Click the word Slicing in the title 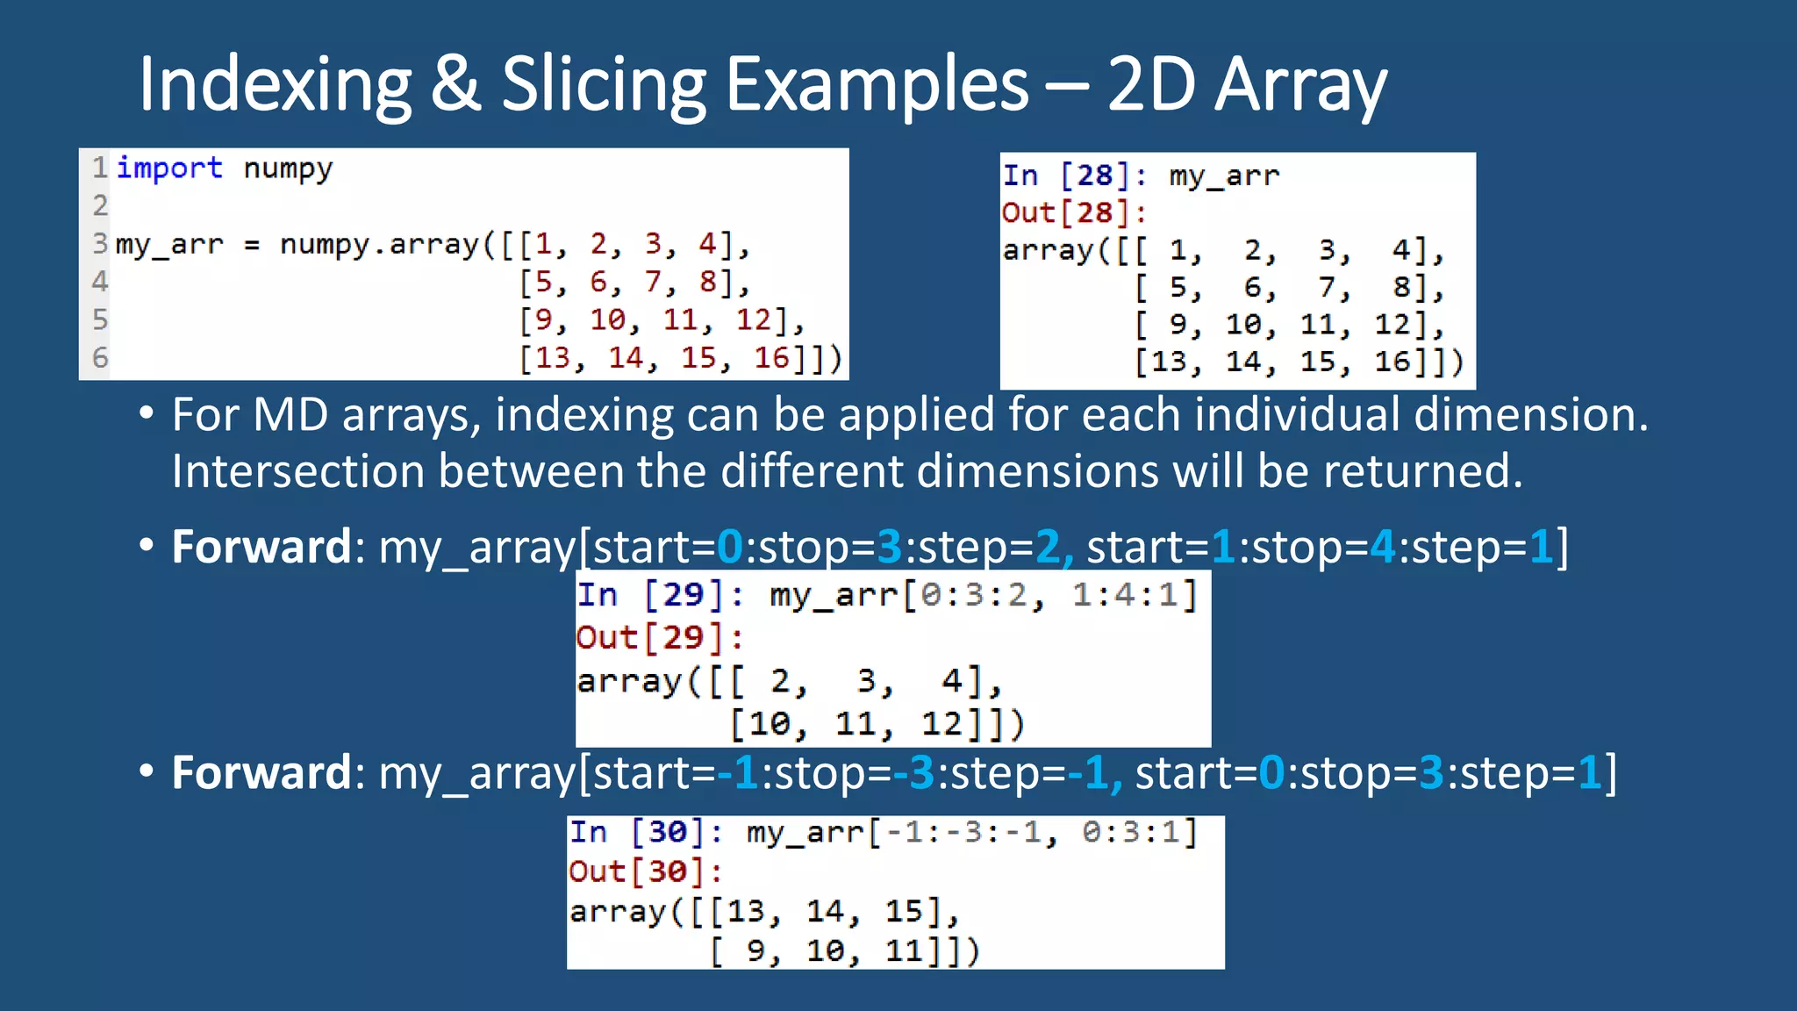tap(603, 85)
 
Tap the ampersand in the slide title tap(455, 85)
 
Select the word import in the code tap(169, 168)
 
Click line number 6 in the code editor tap(100, 358)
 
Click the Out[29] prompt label tap(658, 637)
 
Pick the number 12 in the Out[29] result tap(941, 724)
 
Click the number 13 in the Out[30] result tap(745, 912)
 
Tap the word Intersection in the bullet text tap(298, 471)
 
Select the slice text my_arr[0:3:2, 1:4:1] tap(983, 596)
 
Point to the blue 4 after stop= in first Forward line tap(1383, 547)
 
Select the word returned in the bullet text tap(1421, 471)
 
